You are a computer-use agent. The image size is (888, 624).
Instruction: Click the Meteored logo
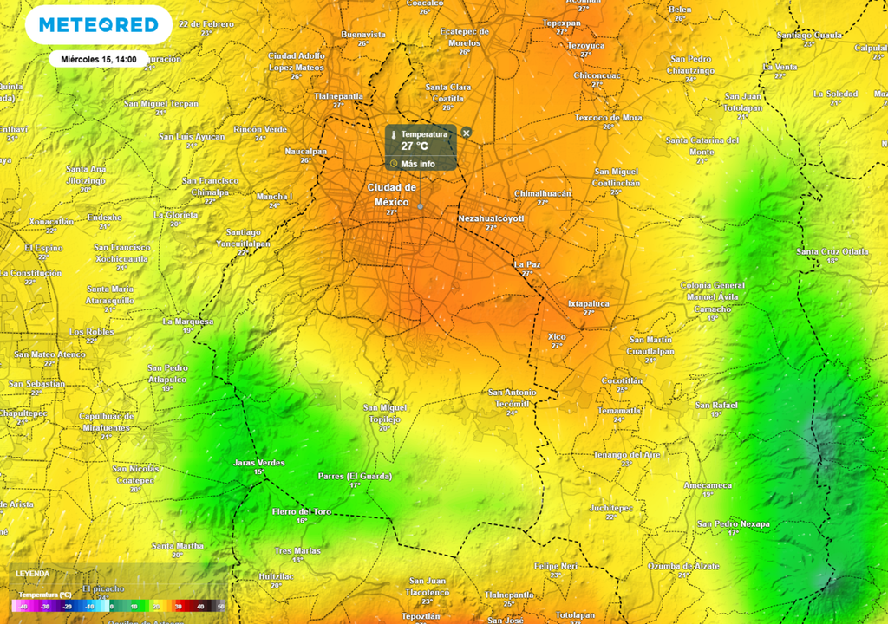click(x=98, y=25)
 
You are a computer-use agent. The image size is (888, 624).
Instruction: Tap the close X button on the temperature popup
click(x=467, y=133)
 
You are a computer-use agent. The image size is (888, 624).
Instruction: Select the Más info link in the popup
click(x=417, y=164)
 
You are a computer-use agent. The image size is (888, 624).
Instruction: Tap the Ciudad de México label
click(x=392, y=194)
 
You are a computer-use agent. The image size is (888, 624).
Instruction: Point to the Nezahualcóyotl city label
click(x=491, y=218)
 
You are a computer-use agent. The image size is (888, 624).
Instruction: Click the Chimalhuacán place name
click(x=543, y=193)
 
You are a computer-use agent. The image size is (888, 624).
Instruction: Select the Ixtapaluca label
click(x=589, y=304)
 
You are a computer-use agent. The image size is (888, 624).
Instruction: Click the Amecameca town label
click(x=708, y=485)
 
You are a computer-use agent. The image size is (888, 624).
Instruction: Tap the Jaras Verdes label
click(x=258, y=463)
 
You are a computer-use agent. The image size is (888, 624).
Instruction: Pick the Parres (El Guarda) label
click(x=355, y=476)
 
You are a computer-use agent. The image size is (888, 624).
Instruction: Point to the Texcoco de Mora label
click(x=609, y=117)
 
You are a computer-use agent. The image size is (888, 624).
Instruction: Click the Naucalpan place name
click(x=306, y=151)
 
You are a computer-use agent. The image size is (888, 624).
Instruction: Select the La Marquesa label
click(x=188, y=322)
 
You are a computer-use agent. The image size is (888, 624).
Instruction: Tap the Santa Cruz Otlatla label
click(x=832, y=251)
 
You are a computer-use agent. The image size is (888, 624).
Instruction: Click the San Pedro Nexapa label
click(x=734, y=523)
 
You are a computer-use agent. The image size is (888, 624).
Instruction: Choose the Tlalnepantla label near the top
click(x=338, y=95)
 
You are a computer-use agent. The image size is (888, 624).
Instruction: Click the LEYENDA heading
click(x=33, y=573)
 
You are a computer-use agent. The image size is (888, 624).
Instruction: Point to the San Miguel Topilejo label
click(x=384, y=413)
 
